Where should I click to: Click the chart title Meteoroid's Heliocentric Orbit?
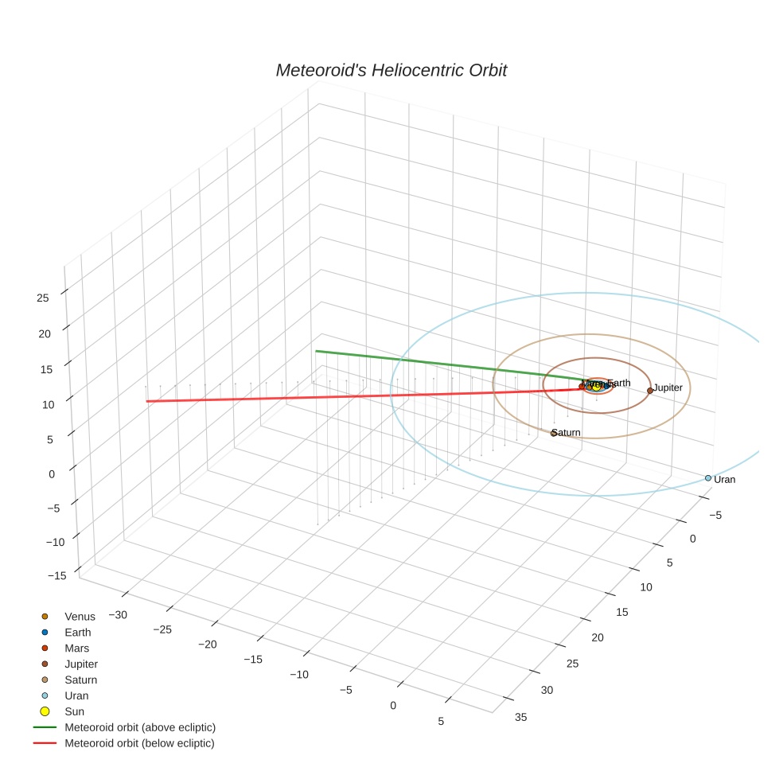coord(391,71)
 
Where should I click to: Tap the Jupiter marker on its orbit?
coord(650,391)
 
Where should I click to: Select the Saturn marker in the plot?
coord(554,433)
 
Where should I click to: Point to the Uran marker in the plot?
coord(707,478)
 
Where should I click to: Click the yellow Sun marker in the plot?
coord(596,387)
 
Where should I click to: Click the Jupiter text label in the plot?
coord(668,388)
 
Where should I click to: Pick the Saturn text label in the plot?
coord(567,433)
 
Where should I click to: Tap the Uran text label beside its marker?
coord(724,480)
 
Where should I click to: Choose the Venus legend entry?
coord(80,617)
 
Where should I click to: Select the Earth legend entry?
coord(77,633)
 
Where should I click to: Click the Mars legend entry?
coord(76,649)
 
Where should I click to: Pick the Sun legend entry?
coord(74,711)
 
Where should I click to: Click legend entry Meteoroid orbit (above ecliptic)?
coord(139,727)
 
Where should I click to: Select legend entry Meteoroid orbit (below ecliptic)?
coord(139,743)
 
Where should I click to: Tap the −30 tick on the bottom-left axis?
coord(120,614)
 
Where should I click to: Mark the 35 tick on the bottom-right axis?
coord(521,717)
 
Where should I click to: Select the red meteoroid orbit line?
coord(358,395)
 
